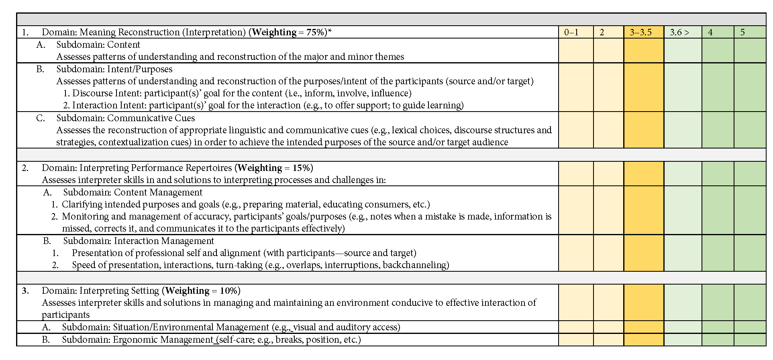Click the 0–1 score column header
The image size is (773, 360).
[x=571, y=32]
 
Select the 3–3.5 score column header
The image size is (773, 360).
[x=640, y=32]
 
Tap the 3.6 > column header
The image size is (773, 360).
[x=679, y=32]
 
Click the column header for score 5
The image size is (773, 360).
[x=742, y=32]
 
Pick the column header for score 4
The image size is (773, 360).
[x=710, y=32]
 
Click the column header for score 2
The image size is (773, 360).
[x=602, y=32]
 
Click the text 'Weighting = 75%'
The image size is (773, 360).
[x=288, y=32]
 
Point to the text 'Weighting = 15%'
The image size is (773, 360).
[x=273, y=168]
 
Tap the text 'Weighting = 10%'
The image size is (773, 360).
[x=202, y=291]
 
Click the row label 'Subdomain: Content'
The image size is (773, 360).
[x=98, y=45]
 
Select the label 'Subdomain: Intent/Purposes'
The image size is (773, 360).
[x=114, y=69]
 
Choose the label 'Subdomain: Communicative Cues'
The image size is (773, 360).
[x=125, y=118]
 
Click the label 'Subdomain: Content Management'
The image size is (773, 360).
[x=133, y=192]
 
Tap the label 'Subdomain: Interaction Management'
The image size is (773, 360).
[x=139, y=241]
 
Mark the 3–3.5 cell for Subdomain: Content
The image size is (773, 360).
[x=644, y=51]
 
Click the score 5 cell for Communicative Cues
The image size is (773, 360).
[x=750, y=130]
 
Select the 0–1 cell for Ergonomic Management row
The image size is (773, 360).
[x=576, y=340]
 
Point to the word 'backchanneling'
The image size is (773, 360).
[x=416, y=265]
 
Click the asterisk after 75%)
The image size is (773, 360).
[x=330, y=31]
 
